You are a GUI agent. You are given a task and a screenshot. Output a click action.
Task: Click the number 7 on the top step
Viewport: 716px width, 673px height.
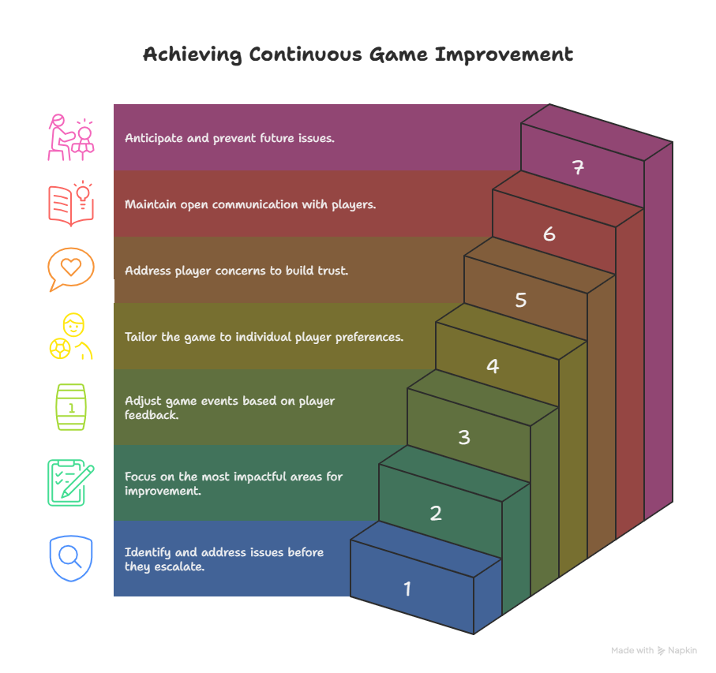[x=579, y=168]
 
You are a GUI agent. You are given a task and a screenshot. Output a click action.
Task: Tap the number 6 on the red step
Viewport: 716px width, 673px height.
[x=549, y=234]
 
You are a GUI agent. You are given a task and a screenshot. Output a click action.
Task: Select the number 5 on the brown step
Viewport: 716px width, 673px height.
[x=521, y=301]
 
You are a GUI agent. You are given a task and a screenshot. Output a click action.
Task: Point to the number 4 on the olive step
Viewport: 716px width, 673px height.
[x=493, y=367]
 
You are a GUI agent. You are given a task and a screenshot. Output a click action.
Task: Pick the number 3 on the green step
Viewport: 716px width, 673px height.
[x=464, y=437]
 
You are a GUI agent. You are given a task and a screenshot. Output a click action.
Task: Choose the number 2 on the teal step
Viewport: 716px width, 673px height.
[x=436, y=514]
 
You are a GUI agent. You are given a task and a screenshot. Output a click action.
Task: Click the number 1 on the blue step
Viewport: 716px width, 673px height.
[x=407, y=589]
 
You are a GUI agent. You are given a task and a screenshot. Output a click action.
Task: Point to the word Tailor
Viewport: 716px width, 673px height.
[x=141, y=337]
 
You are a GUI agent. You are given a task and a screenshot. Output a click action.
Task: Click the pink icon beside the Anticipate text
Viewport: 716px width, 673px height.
[x=69, y=142]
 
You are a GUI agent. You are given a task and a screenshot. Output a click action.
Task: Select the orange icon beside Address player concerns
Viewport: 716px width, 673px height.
[x=69, y=275]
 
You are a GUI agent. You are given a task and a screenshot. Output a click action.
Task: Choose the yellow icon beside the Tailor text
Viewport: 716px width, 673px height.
[x=69, y=341]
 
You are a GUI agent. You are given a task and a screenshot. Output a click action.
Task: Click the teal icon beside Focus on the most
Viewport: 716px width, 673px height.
[x=69, y=481]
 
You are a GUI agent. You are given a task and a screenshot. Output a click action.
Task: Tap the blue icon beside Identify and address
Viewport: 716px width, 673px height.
[x=69, y=556]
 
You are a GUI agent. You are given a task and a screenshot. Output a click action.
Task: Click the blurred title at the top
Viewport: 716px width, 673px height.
[x=358, y=57]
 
